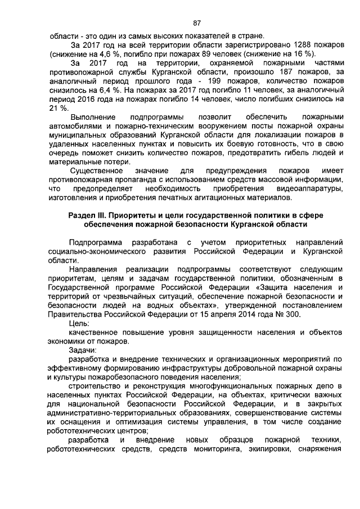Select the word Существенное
tap(97, 169)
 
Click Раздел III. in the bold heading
tap(87, 214)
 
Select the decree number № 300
tap(286, 314)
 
